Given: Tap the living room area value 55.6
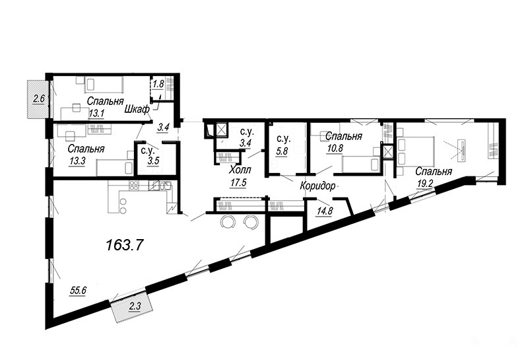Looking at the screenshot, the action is pyautogui.click(x=78, y=289).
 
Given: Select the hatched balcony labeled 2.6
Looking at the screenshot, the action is pyautogui.click(x=36, y=99).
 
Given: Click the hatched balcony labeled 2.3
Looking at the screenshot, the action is pyautogui.click(x=133, y=307).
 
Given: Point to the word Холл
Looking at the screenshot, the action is pyautogui.click(x=240, y=170).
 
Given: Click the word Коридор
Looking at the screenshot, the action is pyautogui.click(x=318, y=186).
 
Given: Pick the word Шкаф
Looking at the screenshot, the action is pyautogui.click(x=137, y=109).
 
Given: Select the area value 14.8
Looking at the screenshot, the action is pyautogui.click(x=325, y=211).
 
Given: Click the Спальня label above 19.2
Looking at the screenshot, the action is pyautogui.click(x=433, y=172).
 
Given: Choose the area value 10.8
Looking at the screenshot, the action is pyautogui.click(x=334, y=148).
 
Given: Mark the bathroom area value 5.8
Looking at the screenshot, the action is pyautogui.click(x=282, y=151).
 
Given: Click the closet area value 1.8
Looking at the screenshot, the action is pyautogui.click(x=158, y=84).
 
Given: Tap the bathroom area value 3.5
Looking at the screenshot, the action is pyautogui.click(x=152, y=161).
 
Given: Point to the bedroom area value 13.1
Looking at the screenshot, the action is pyautogui.click(x=96, y=114).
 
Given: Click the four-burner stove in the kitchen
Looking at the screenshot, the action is pyautogui.click(x=134, y=186).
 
